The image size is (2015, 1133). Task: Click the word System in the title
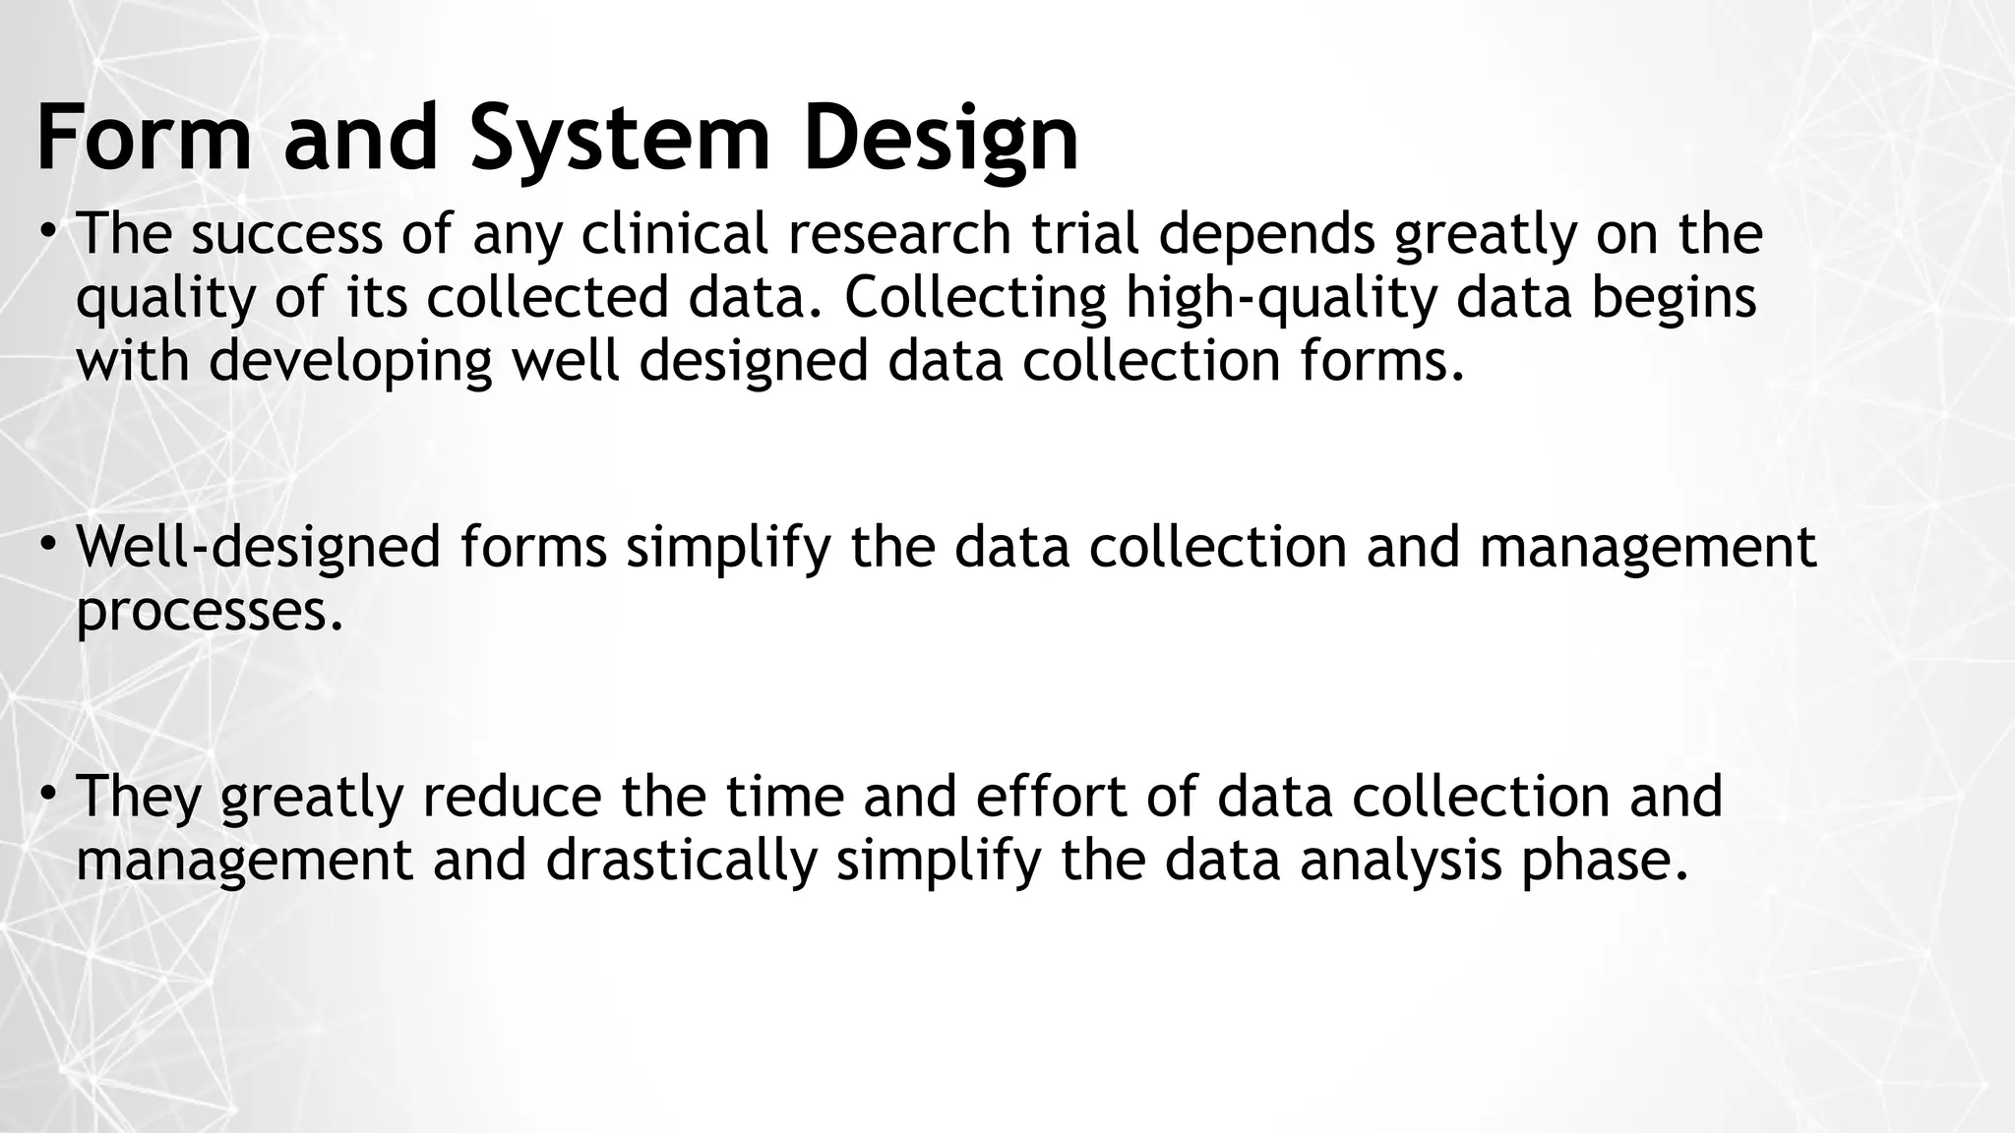pyautogui.click(x=620, y=140)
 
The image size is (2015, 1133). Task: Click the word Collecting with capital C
pyautogui.click(x=975, y=299)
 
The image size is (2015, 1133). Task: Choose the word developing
pyautogui.click(x=350, y=362)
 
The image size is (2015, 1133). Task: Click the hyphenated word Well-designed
pyautogui.click(x=259, y=549)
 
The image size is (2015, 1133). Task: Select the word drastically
pyautogui.click(x=682, y=860)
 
